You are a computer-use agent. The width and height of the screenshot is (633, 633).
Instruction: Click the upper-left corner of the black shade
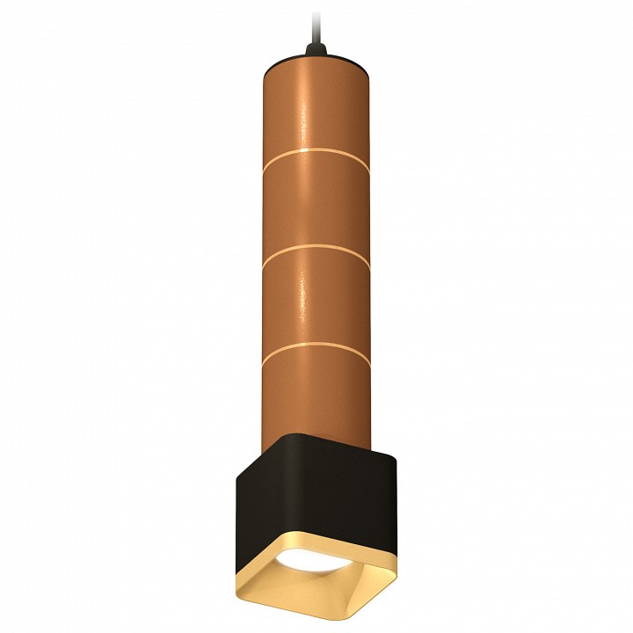[x=237, y=466]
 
